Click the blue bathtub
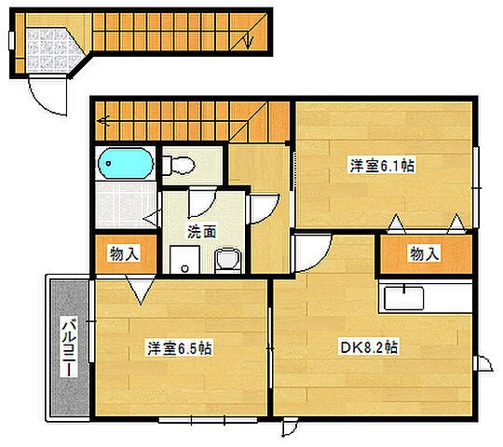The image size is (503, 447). (125, 164)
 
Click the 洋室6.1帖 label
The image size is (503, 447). (382, 166)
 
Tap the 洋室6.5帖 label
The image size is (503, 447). (179, 348)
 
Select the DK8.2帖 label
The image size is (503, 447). (368, 347)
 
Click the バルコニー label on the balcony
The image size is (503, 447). (68, 346)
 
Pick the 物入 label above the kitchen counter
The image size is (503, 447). (424, 252)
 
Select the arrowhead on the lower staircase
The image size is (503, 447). (102, 119)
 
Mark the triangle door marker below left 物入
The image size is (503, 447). (141, 291)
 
